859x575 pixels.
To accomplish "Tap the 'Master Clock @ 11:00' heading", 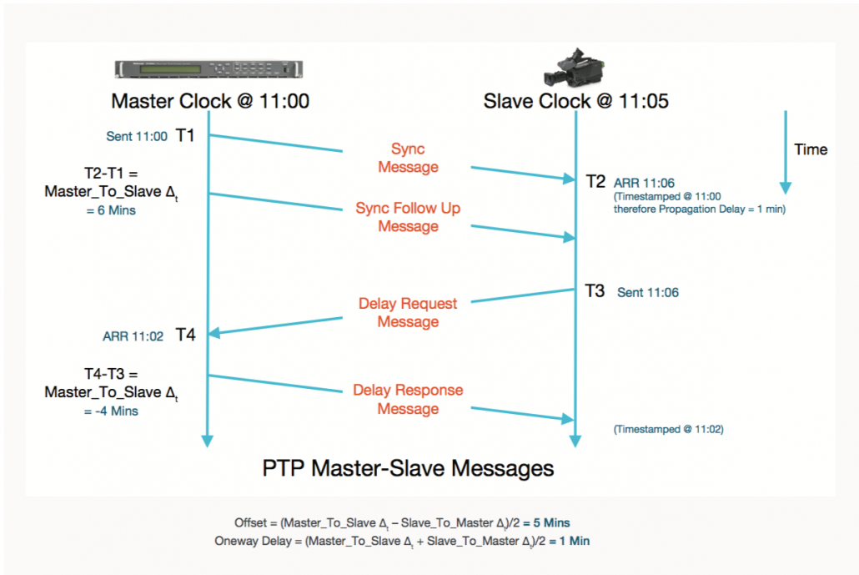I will point(210,102).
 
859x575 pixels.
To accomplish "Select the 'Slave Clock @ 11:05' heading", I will point(575,102).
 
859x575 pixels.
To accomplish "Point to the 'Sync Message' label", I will point(408,158).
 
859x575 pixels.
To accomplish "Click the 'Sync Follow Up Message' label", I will point(408,217).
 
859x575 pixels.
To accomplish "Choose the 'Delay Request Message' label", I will point(408,312).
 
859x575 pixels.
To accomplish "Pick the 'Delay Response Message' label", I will point(408,399).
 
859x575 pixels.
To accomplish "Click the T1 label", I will point(186,135).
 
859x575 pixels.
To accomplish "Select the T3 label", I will point(595,291).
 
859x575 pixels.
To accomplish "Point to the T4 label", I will point(186,335).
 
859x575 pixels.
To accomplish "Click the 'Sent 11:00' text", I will point(137,136).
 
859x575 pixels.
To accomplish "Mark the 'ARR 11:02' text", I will point(133,336).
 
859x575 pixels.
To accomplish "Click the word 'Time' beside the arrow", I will point(811,149).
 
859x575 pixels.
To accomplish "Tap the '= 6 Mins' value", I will point(111,210).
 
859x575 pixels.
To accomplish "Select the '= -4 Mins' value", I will point(111,411).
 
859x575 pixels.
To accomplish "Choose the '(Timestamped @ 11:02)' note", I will point(668,429).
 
